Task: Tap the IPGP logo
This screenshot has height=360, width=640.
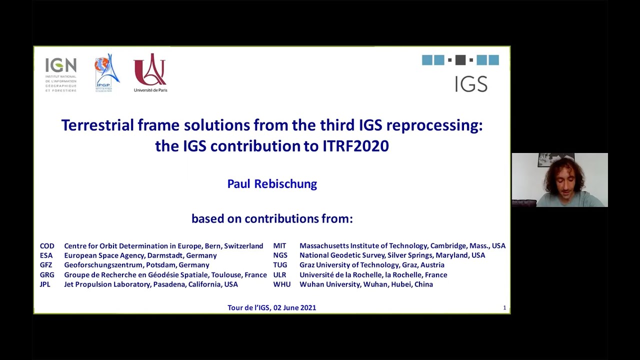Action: [107, 73]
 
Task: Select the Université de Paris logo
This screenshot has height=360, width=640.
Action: [150, 73]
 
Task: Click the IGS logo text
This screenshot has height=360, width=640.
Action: [471, 84]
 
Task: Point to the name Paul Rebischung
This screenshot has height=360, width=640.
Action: [272, 184]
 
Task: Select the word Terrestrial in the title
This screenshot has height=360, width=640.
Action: [96, 125]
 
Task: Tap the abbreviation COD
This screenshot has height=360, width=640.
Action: [47, 246]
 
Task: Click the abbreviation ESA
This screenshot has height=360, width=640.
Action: [46, 255]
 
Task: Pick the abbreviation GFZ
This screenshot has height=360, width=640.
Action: [46, 265]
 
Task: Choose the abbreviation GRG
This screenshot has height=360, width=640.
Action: [47, 275]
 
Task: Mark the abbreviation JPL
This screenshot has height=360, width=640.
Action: [45, 284]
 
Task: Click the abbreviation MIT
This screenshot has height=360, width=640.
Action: [279, 246]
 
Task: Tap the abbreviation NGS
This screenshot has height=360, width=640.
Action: [280, 255]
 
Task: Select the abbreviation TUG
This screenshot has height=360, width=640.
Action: [280, 265]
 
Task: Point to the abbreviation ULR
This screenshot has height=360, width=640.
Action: [279, 275]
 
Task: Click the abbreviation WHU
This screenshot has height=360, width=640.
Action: [281, 284]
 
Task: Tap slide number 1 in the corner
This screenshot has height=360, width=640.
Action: [504, 308]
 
